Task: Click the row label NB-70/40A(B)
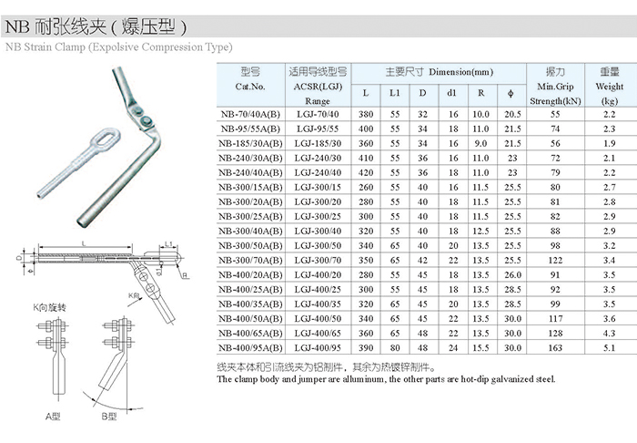[250, 114]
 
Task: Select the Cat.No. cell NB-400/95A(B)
[250, 348]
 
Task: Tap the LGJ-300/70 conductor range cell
[318, 261]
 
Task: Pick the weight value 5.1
[609, 348]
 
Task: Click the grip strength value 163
[555, 348]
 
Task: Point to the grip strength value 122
[555, 261]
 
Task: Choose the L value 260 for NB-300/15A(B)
[366, 188]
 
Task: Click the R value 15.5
[480, 348]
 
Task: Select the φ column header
[511, 94]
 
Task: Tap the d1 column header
[451, 93]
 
